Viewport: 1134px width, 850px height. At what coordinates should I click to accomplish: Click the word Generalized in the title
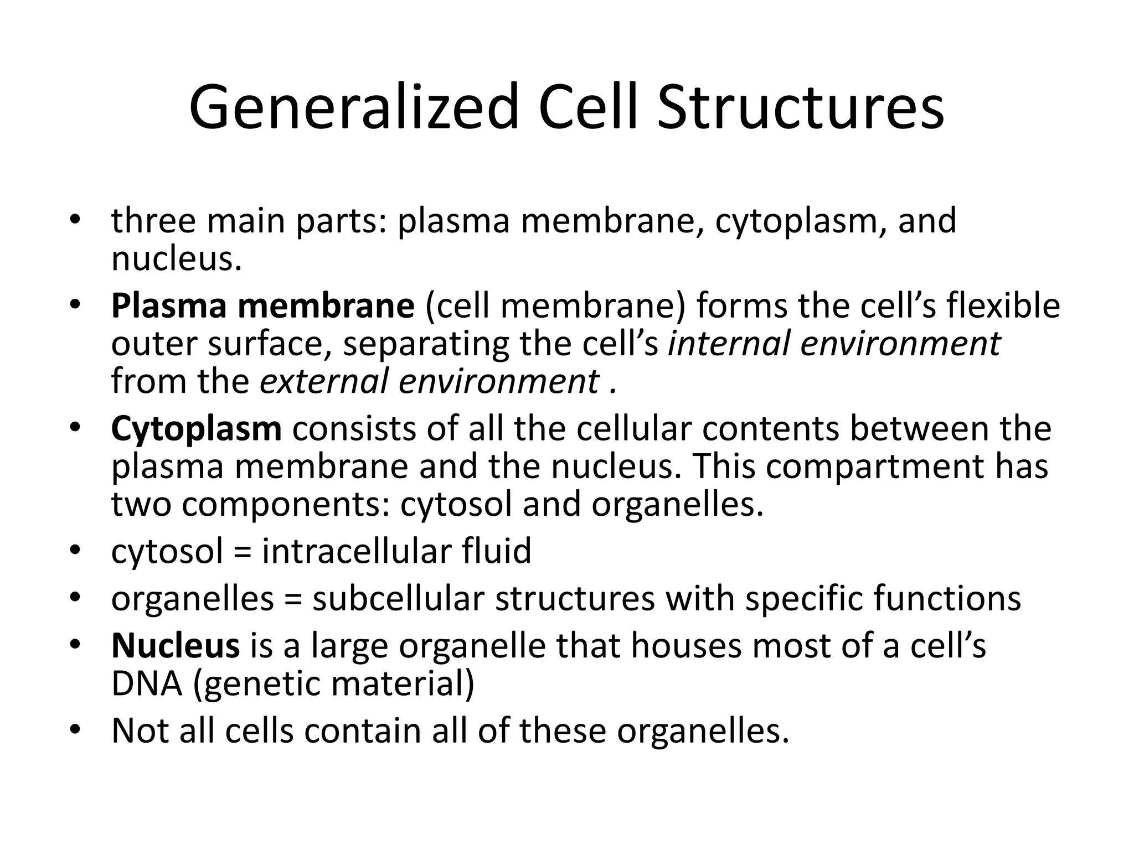[354, 107]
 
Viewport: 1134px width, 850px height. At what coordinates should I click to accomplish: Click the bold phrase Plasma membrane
[262, 305]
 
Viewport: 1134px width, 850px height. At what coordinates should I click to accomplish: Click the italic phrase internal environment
[834, 343]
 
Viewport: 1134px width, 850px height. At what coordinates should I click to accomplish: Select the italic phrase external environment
[430, 381]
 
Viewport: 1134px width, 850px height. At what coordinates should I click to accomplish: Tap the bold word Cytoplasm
[196, 429]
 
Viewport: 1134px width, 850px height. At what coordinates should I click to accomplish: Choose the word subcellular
[398, 598]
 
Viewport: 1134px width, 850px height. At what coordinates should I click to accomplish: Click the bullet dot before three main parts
[75, 220]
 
